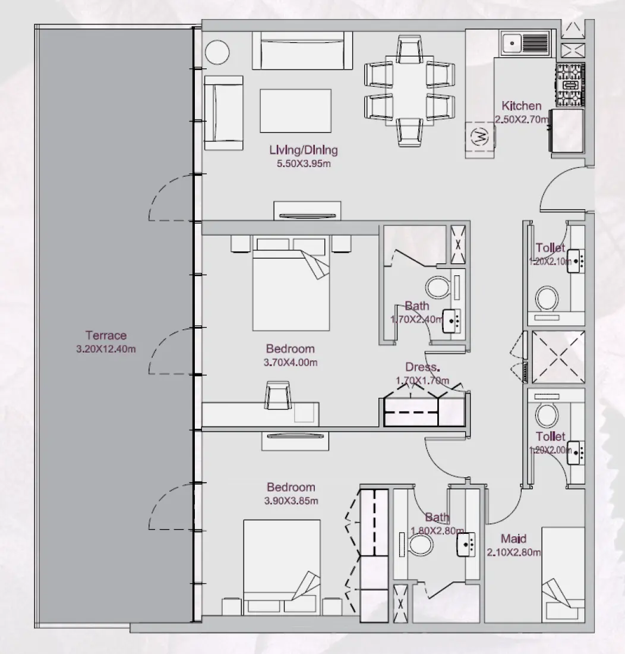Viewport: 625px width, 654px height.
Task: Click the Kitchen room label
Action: [x=521, y=106]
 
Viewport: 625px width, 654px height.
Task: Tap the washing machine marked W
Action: [x=479, y=137]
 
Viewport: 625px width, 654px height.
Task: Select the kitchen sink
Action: [x=525, y=43]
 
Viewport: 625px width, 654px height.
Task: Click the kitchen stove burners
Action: [x=570, y=85]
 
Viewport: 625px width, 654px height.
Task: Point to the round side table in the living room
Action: [x=217, y=52]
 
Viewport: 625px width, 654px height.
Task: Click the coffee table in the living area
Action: [x=295, y=110]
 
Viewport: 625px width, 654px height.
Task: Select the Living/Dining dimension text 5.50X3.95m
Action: [x=304, y=164]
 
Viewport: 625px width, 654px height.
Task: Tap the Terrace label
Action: [x=106, y=335]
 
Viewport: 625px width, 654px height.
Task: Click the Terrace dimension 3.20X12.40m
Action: [x=106, y=349]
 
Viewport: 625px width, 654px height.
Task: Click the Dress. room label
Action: [x=422, y=367]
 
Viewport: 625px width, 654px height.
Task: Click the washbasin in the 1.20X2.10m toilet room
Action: [x=576, y=260]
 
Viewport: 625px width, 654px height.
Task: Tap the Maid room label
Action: [x=513, y=539]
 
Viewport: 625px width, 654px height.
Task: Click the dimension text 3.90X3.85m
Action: [x=291, y=501]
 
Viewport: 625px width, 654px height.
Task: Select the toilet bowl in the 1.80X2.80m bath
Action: [x=421, y=543]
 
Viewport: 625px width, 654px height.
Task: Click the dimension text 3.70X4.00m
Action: [x=291, y=362]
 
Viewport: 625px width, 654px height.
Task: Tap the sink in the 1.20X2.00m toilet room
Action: [x=576, y=451]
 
